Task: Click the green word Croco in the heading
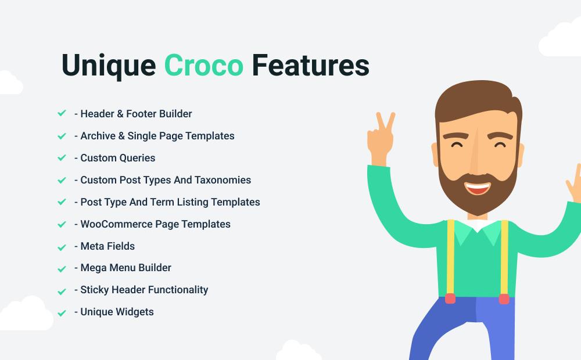coord(204,65)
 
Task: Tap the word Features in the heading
coord(310,65)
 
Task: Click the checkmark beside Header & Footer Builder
coord(62,113)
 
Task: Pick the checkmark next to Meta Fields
coord(62,247)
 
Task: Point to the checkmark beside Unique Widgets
coord(62,313)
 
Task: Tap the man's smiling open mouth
coord(477,188)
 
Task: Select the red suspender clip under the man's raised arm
coord(450,298)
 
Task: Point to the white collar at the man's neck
coord(478,225)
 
